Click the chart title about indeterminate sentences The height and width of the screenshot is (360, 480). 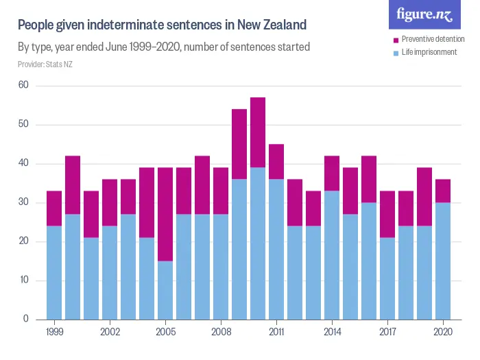(x=161, y=25)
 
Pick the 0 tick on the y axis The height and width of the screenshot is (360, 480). (x=25, y=319)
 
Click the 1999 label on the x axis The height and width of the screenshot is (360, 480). (x=54, y=332)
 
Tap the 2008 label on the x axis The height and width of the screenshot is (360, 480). (x=221, y=332)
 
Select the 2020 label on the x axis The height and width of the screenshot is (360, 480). (x=442, y=332)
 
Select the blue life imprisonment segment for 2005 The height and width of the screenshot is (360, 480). (x=165, y=289)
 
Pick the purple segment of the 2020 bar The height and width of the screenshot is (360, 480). (x=442, y=191)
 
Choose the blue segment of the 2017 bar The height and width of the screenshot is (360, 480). (x=387, y=278)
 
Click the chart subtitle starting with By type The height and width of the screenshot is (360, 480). (x=163, y=47)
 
